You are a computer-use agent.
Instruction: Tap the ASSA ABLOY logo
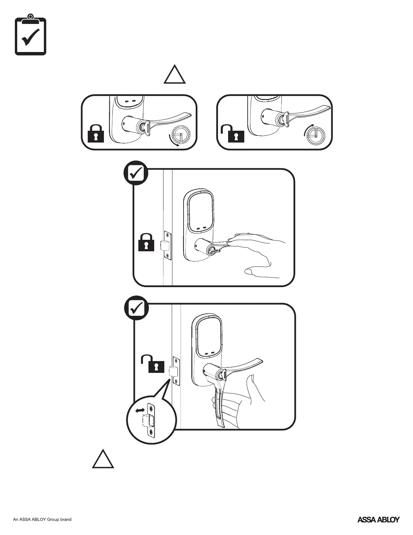[x=378, y=519]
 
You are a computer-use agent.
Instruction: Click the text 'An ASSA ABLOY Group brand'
[x=42, y=519]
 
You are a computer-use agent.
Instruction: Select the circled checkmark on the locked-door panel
[x=135, y=173]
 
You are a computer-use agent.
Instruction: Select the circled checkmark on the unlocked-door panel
[x=136, y=308]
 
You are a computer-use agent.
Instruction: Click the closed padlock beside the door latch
[x=146, y=242]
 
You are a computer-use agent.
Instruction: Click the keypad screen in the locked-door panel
[x=201, y=211]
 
